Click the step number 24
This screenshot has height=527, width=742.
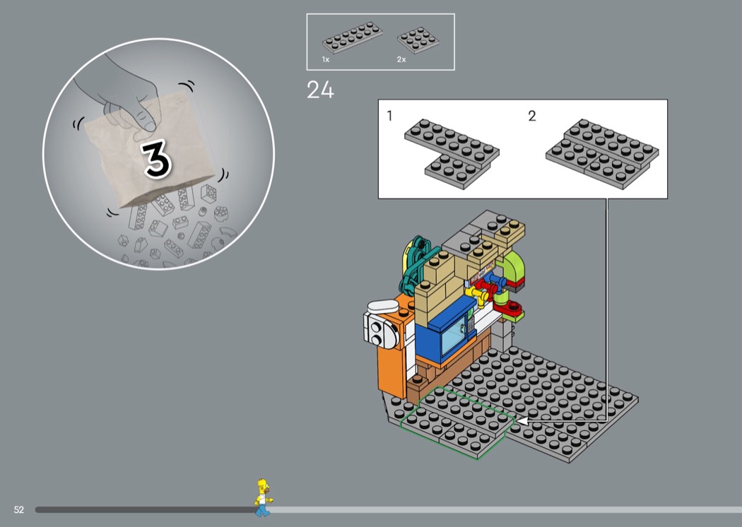click(320, 90)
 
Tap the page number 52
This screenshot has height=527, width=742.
click(19, 509)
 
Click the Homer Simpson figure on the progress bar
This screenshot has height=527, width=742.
click(263, 497)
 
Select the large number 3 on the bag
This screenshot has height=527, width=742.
click(156, 159)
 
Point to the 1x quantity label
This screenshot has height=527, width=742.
click(326, 59)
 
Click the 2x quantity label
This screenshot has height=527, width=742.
click(401, 59)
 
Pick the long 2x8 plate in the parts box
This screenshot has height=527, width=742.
click(353, 37)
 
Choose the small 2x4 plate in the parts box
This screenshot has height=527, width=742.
click(418, 40)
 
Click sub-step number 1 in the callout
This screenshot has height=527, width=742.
click(389, 116)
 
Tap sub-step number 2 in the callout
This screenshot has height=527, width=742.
click(532, 116)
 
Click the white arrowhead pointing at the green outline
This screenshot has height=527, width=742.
click(522, 420)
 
